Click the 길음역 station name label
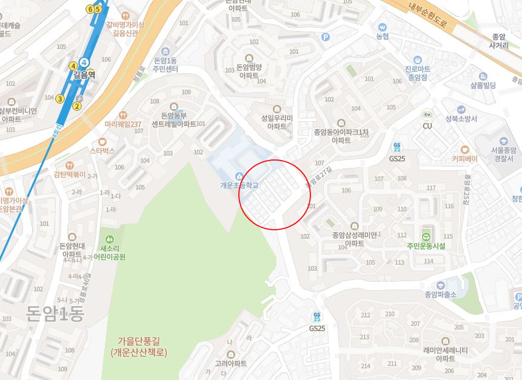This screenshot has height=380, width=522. [84, 75]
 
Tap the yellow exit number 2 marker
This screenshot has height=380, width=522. [77, 107]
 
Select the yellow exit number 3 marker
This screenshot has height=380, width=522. [60, 99]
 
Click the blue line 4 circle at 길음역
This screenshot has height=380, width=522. [85, 62]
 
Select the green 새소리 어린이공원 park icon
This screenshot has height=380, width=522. [109, 238]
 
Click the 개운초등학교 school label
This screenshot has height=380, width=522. [239, 185]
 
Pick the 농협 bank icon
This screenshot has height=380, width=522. [383, 27]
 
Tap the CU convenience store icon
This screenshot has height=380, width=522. [427, 115]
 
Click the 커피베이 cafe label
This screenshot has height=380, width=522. [465, 159]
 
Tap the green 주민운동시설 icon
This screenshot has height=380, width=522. [426, 236]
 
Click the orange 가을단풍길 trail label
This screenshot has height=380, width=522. [139, 346]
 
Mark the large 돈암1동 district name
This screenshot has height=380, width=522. [55, 313]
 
